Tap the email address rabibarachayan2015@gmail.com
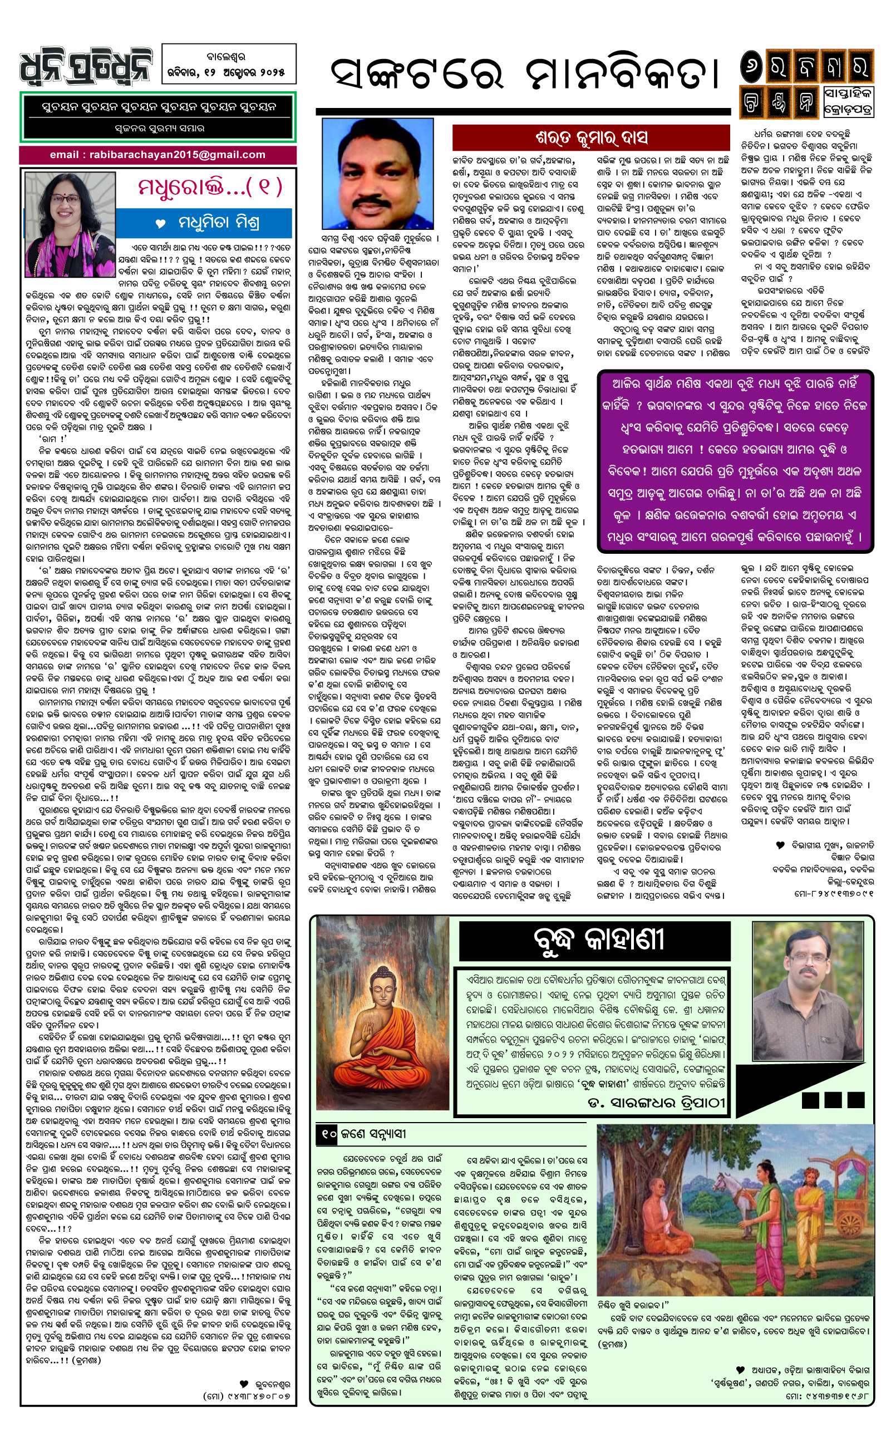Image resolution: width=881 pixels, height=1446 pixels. click(158, 155)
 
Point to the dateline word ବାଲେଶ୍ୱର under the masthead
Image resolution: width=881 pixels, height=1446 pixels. click(229, 57)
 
